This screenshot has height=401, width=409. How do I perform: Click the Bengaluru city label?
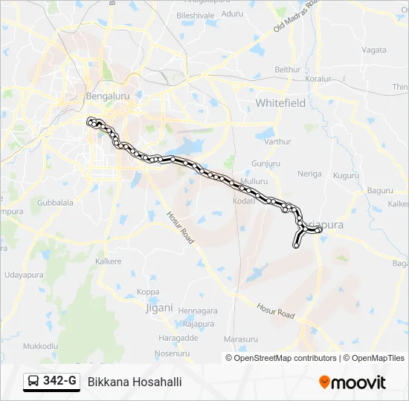(108, 97)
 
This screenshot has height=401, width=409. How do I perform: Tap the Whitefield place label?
(280, 103)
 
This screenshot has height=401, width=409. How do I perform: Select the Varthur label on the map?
(277, 141)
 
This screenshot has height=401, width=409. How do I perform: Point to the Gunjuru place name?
(265, 163)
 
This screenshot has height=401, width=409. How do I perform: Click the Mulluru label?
(254, 181)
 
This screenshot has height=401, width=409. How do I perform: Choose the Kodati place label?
(244, 201)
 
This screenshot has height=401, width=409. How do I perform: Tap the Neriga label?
(309, 174)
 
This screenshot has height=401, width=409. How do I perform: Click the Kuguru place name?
(346, 176)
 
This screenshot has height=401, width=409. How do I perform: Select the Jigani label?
(159, 307)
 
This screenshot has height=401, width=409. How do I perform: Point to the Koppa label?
(148, 292)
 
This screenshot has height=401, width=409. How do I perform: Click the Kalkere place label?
(109, 261)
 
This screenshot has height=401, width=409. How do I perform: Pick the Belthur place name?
(288, 70)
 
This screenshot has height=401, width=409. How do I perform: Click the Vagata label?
(373, 50)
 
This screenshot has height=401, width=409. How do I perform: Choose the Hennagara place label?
(198, 310)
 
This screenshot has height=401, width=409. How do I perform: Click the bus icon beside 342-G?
(33, 382)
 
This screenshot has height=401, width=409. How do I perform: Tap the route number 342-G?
(60, 381)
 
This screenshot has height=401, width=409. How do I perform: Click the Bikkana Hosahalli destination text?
(135, 382)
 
